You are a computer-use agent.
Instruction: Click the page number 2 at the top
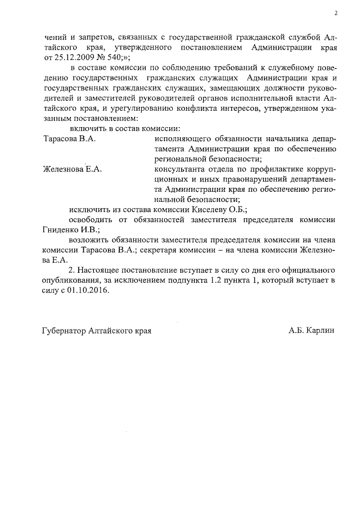pyautogui.click(x=335, y=13)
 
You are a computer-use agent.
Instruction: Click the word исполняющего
pyautogui.click(x=182, y=138)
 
